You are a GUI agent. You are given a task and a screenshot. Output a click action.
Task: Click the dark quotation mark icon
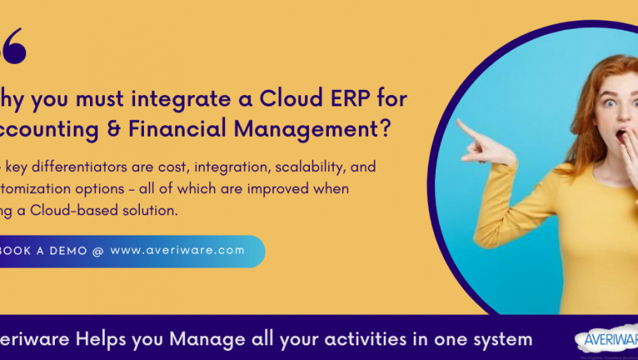pyautogui.click(x=14, y=47)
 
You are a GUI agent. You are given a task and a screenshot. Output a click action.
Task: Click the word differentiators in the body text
pyautogui.click(x=77, y=167)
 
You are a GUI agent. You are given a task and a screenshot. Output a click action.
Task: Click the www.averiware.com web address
pyautogui.click(x=177, y=251)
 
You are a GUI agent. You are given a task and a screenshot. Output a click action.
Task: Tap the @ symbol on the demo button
pyautogui.click(x=98, y=251)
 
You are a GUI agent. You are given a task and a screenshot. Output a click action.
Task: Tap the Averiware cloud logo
pyautogui.click(x=608, y=338)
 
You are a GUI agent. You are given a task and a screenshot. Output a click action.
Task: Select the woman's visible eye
pyautogui.click(x=609, y=103)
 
